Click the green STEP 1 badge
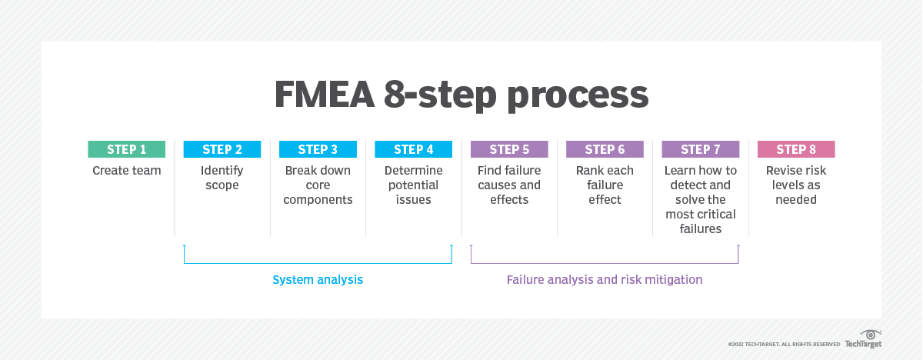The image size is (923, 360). click(127, 149)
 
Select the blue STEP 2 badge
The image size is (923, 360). click(222, 149)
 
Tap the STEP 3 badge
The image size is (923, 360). click(318, 149)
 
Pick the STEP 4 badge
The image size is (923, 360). click(413, 149)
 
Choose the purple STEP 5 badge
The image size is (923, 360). click(509, 149)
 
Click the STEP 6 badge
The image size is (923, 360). click(605, 149)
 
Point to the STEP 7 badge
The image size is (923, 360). click(700, 149)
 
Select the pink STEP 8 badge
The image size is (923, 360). click(796, 149)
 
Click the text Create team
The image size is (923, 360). click(127, 171)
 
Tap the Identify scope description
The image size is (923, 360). click(222, 178)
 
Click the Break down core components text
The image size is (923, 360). click(318, 185)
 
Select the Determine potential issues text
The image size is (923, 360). click(413, 185)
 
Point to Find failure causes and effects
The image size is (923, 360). click(509, 185)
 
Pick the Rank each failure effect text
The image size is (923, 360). click(605, 185)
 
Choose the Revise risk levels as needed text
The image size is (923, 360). click(796, 185)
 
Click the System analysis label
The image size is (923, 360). click(318, 280)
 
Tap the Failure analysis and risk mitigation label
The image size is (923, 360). click(605, 280)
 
